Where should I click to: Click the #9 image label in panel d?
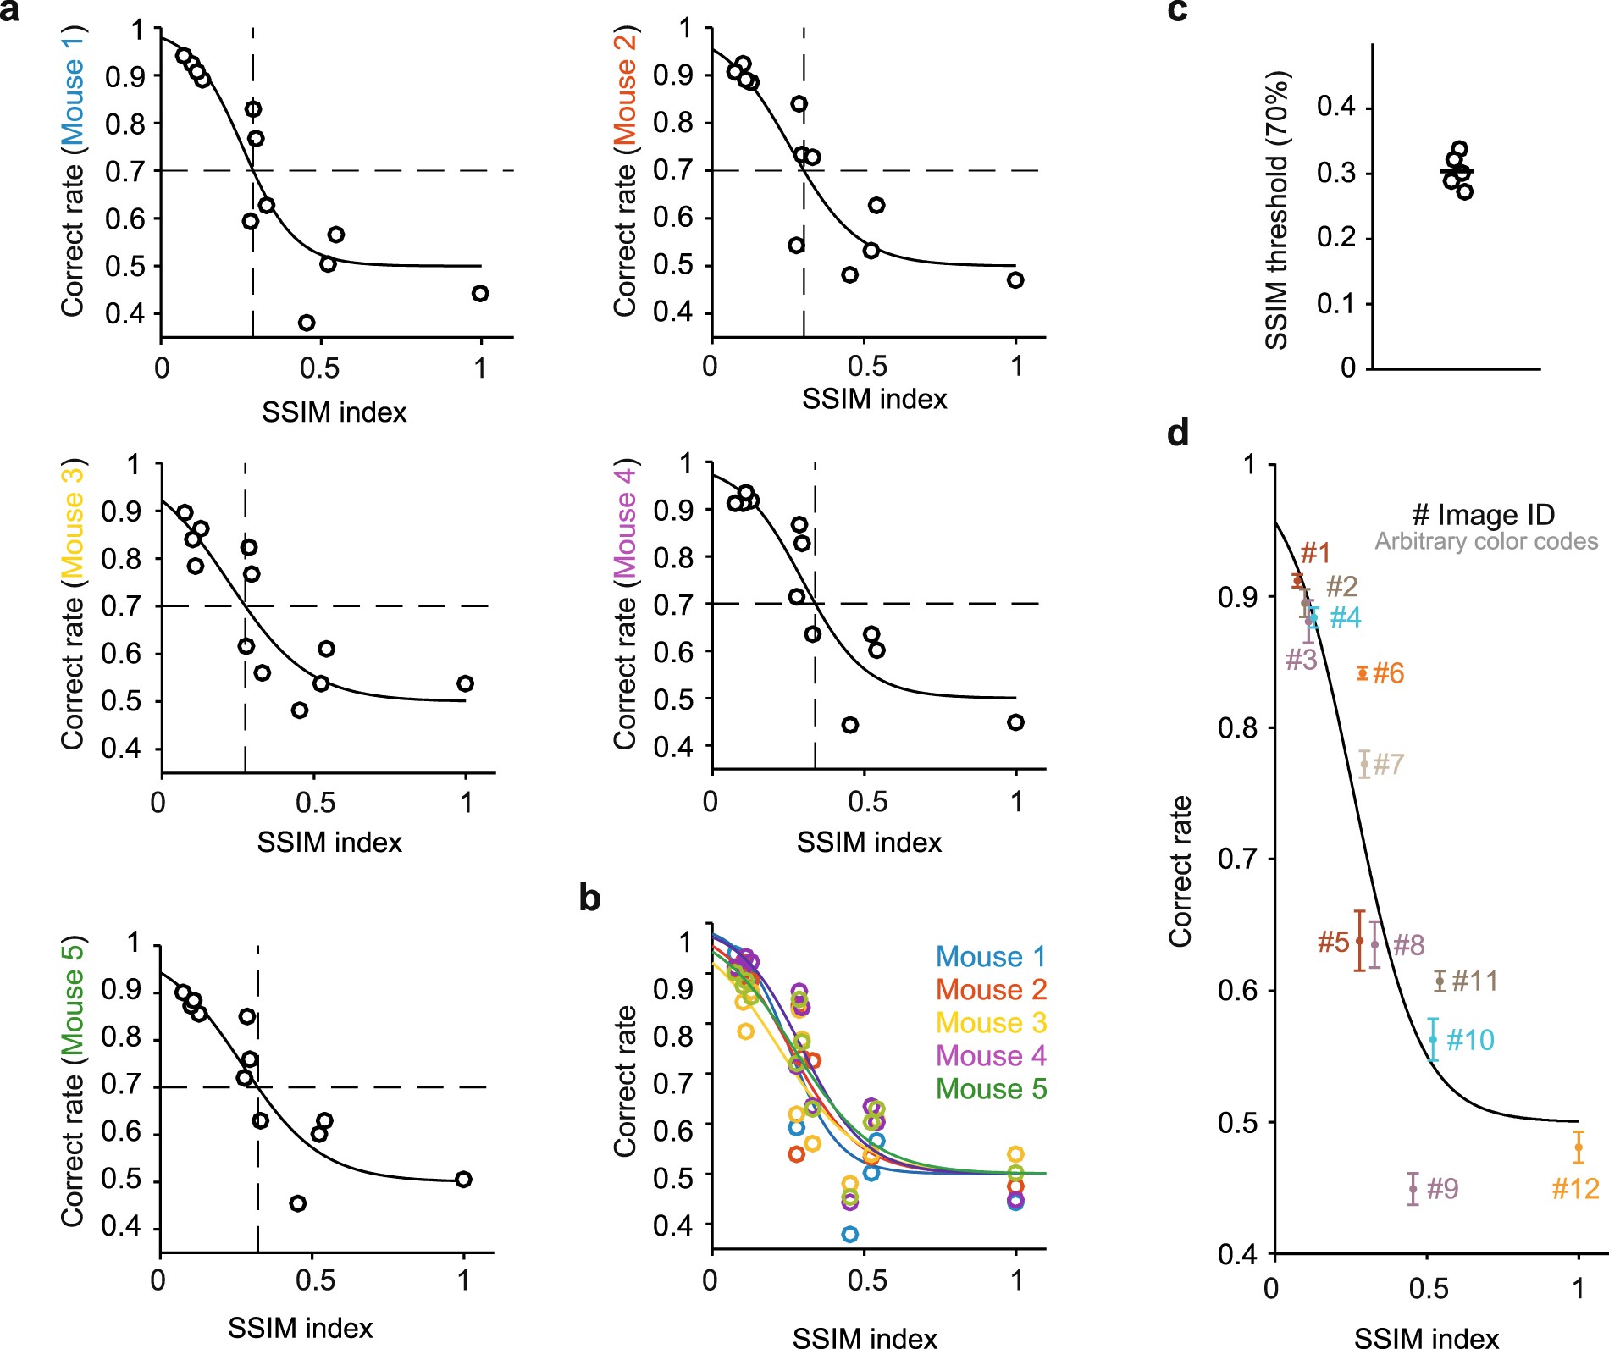pyautogui.click(x=1442, y=1189)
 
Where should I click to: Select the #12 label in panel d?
pyautogui.click(x=1574, y=1189)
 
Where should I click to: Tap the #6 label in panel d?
pyautogui.click(x=1388, y=673)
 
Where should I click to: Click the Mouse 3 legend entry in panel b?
pyautogui.click(x=991, y=1022)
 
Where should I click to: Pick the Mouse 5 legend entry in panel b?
pyautogui.click(x=991, y=1088)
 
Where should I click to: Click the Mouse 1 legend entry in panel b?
pyautogui.click(x=991, y=956)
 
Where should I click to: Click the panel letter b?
pyautogui.click(x=589, y=898)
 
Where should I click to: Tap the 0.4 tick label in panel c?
pyautogui.click(x=1335, y=107)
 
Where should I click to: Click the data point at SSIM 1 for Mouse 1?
pyautogui.click(x=480, y=294)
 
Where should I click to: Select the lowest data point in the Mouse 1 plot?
pyautogui.click(x=307, y=323)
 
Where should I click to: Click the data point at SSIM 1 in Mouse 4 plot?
pyautogui.click(x=1015, y=722)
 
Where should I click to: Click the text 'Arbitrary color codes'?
pyautogui.click(x=1486, y=541)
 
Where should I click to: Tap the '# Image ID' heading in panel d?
pyautogui.click(x=1483, y=514)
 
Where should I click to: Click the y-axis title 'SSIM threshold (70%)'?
pyautogui.click(x=1276, y=210)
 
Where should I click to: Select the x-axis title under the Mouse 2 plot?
pyautogui.click(x=874, y=399)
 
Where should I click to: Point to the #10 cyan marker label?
pyautogui.click(x=1470, y=1040)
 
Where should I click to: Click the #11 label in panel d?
pyautogui.click(x=1474, y=981)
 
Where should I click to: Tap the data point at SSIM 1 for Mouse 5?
pyautogui.click(x=462, y=1180)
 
